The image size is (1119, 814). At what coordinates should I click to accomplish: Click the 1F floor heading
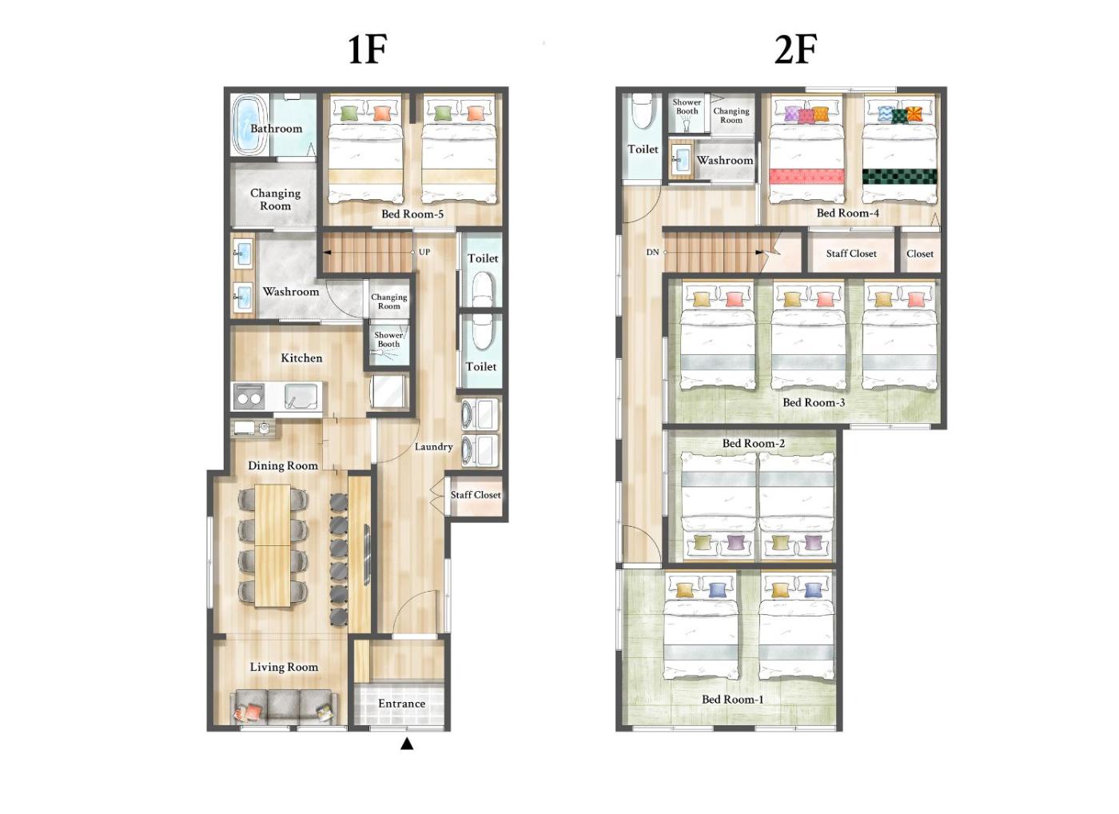pyautogui.click(x=368, y=50)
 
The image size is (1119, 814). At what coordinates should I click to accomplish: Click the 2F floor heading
pyautogui.click(x=796, y=50)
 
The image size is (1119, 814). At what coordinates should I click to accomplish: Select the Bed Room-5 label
pyautogui.click(x=412, y=213)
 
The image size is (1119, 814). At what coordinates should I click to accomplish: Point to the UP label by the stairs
pyautogui.click(x=424, y=252)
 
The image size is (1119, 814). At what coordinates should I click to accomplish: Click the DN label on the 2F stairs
pyautogui.click(x=652, y=253)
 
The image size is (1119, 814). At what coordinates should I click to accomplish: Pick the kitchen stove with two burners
pyautogui.click(x=249, y=397)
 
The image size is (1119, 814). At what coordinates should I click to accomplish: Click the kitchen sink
pyautogui.click(x=301, y=397)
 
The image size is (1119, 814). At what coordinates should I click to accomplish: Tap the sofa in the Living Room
pyautogui.click(x=284, y=706)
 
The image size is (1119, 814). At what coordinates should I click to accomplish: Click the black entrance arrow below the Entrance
pyautogui.click(x=407, y=744)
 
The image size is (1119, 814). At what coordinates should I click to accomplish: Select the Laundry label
pyautogui.click(x=433, y=447)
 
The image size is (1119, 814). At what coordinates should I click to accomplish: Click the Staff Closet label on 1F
pyautogui.click(x=476, y=495)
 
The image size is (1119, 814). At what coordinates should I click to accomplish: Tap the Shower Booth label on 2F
pyautogui.click(x=687, y=106)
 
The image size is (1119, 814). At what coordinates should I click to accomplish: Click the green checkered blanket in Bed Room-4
pyautogui.click(x=900, y=177)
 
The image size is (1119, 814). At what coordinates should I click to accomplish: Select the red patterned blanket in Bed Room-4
pyautogui.click(x=806, y=177)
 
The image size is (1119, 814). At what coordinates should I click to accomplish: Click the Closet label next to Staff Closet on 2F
pyautogui.click(x=920, y=253)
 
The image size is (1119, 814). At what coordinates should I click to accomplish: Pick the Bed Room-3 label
pyautogui.click(x=814, y=402)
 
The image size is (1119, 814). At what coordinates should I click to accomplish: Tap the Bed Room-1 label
pyautogui.click(x=732, y=699)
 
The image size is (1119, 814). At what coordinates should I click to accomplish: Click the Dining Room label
pyautogui.click(x=283, y=465)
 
